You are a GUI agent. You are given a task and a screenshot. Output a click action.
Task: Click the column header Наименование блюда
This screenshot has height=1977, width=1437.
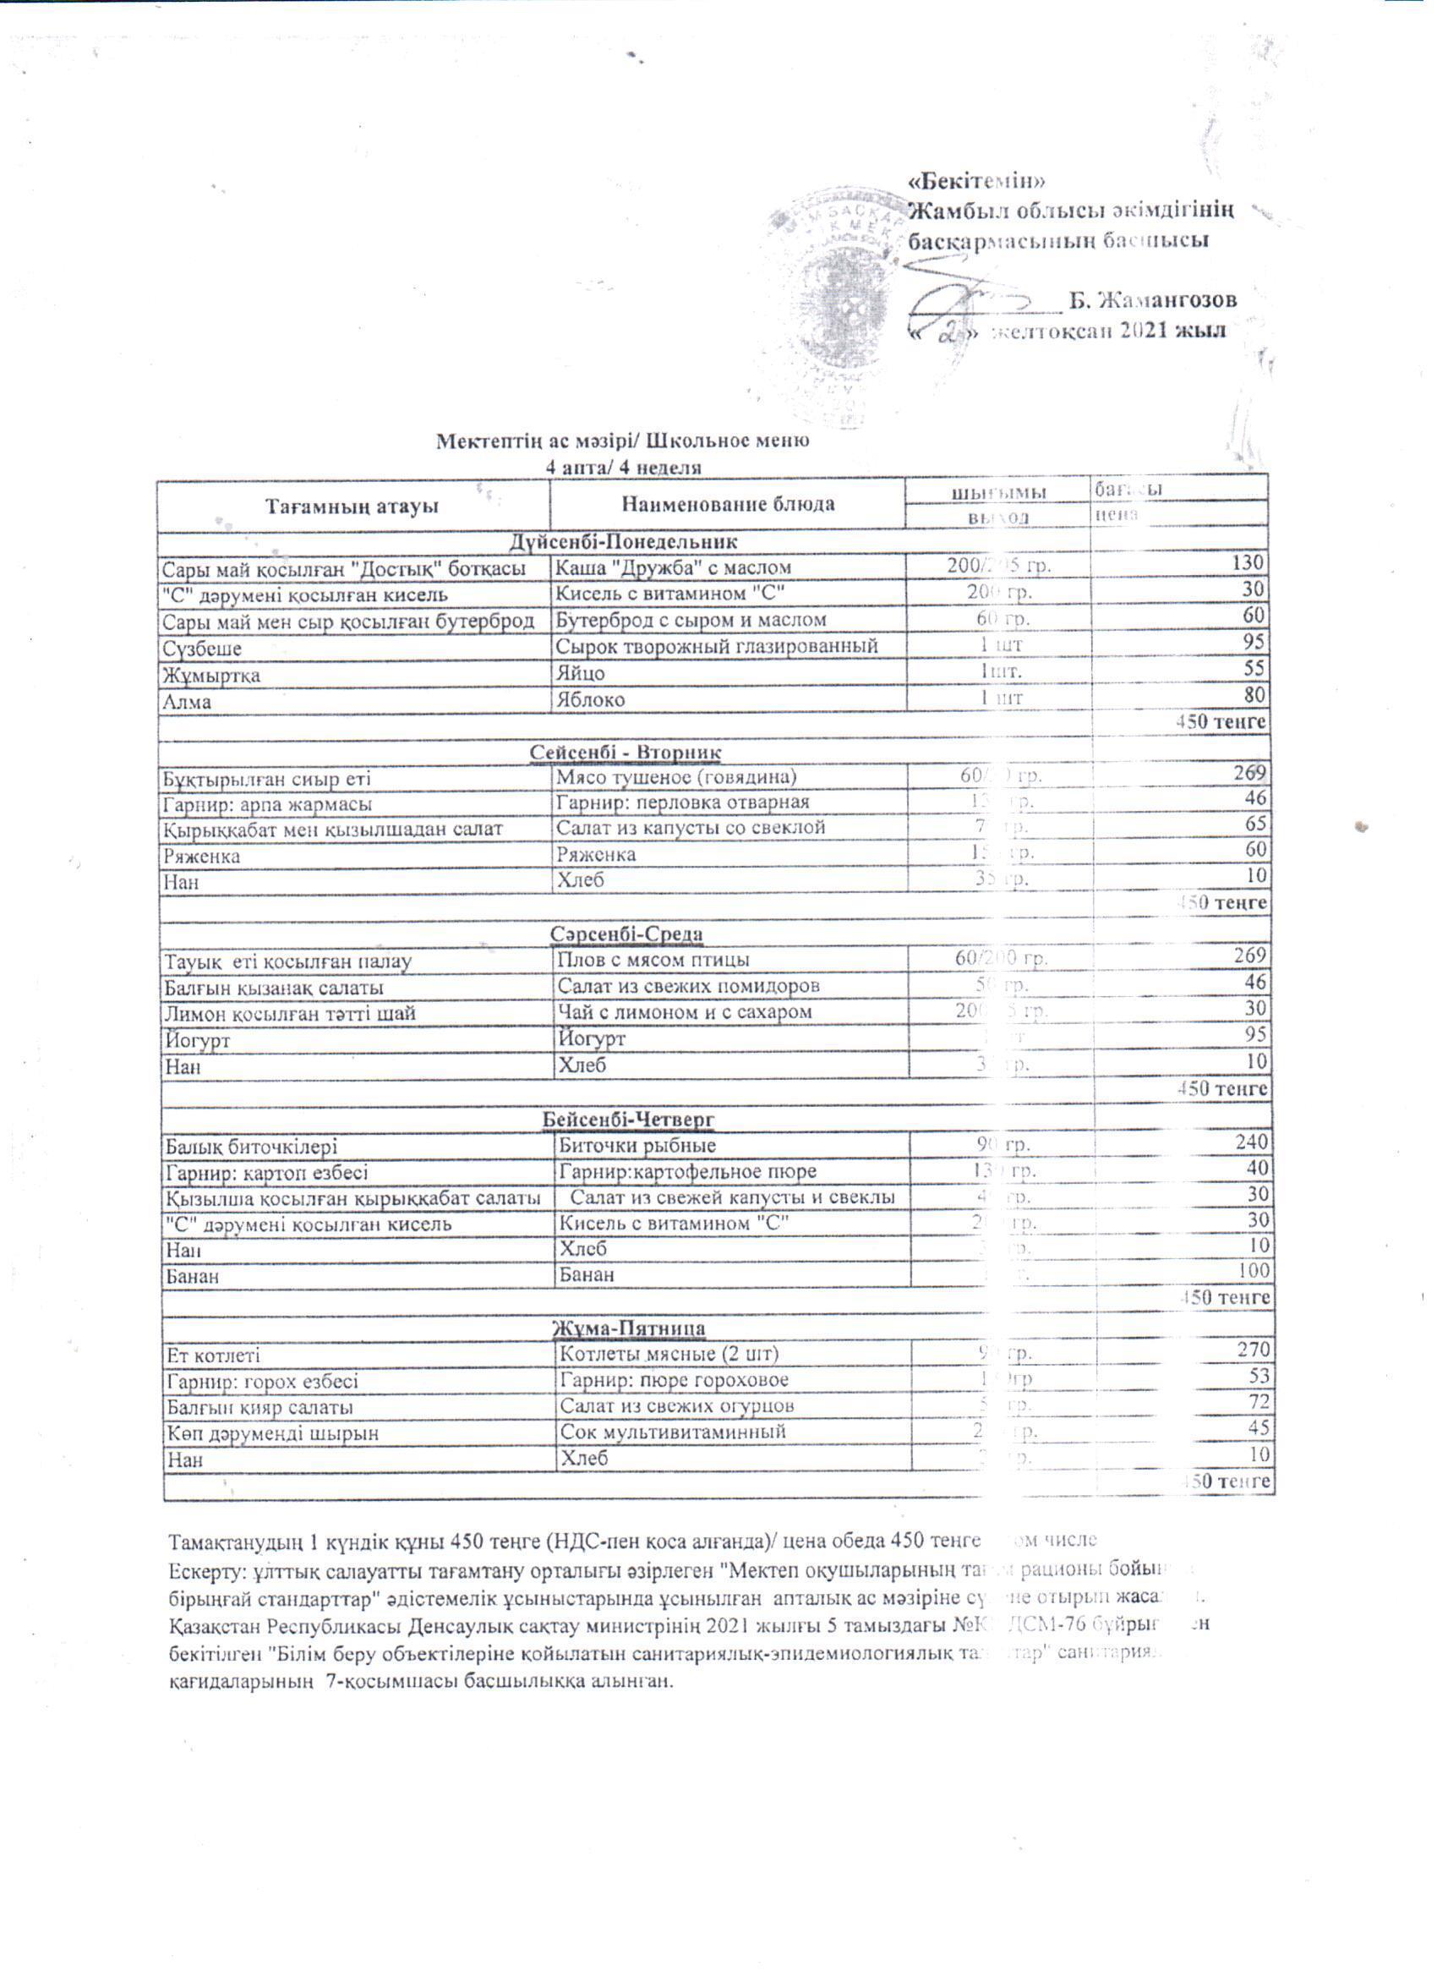728,504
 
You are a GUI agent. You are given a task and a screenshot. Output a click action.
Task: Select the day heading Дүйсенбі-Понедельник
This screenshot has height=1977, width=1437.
624,542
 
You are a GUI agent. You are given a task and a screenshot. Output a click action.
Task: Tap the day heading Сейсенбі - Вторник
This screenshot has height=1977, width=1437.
625,752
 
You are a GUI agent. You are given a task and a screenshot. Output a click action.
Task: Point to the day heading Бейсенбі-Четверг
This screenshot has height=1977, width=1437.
628,1118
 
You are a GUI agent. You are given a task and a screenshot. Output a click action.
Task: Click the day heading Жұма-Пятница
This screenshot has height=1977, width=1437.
629,1328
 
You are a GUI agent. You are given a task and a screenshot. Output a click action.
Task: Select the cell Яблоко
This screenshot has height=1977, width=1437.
591,699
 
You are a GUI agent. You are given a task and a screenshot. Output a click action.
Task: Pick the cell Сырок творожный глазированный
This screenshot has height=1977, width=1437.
716,646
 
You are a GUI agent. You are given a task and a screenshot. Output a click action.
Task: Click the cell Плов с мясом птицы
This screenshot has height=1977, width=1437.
653,960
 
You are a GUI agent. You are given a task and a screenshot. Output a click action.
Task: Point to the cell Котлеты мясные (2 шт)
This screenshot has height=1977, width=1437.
669,1354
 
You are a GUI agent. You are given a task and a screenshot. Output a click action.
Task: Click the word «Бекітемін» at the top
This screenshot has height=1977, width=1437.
976,181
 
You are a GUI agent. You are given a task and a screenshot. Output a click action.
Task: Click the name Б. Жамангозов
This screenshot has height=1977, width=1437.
1153,300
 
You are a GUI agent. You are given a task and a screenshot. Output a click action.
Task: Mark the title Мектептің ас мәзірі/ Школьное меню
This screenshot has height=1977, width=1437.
622,441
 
